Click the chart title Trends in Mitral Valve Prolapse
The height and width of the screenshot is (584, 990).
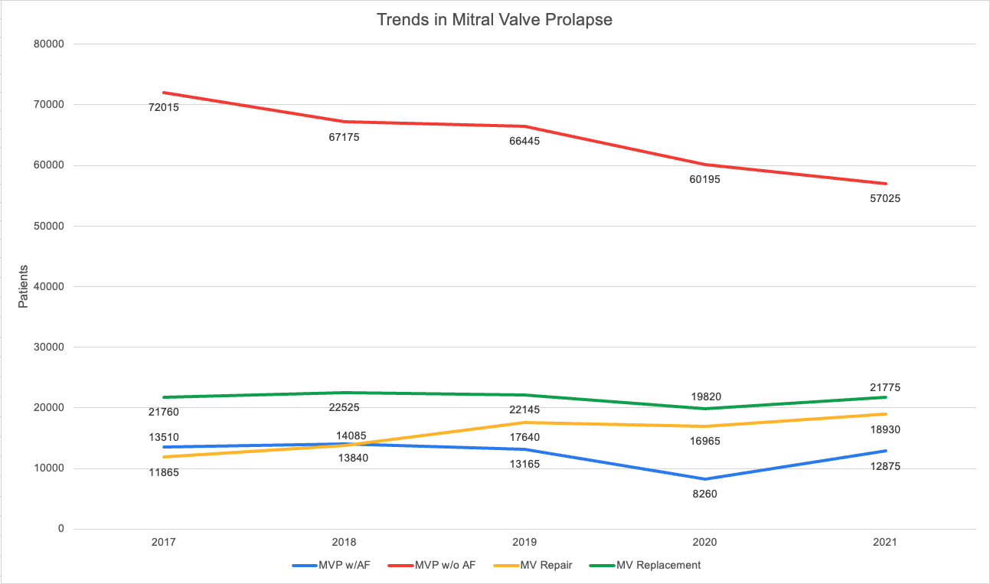coord(495,21)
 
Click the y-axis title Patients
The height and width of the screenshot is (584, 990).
coord(23,286)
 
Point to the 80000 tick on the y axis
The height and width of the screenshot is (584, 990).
coord(48,44)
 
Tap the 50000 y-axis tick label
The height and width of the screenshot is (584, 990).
coord(48,226)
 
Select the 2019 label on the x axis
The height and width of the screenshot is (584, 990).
coord(524,542)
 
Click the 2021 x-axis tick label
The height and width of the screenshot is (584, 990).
coord(886,542)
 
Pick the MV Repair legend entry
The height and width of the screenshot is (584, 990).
coord(548,566)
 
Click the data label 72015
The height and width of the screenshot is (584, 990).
coord(163,107)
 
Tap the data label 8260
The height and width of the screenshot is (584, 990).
coord(705,494)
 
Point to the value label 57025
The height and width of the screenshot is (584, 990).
coord(886,198)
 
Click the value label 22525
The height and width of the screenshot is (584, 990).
coord(344,407)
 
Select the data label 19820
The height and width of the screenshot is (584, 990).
coord(705,396)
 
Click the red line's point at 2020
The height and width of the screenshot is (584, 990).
coord(705,165)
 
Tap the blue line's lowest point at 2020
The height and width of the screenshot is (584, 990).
coord(705,479)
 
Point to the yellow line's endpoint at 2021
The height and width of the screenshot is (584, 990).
coord(886,414)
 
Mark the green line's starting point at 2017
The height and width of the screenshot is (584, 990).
coord(163,397)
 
